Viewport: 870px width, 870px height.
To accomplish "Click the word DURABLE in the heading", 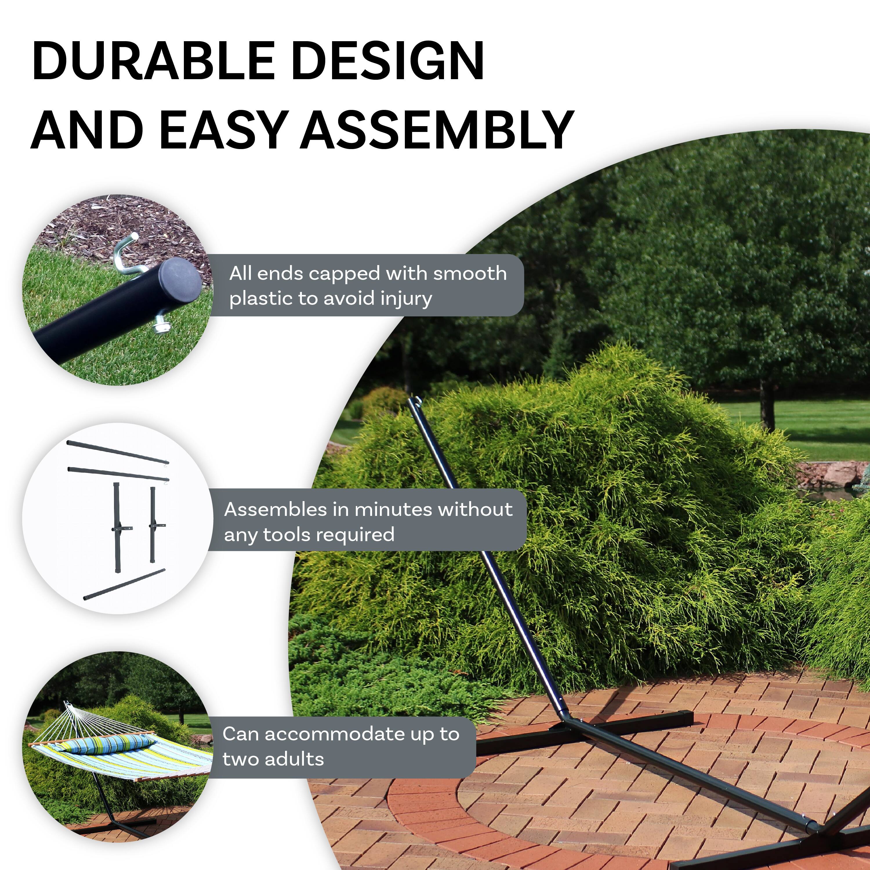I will tap(153, 61).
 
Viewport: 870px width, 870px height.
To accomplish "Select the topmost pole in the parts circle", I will tap(118, 453).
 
